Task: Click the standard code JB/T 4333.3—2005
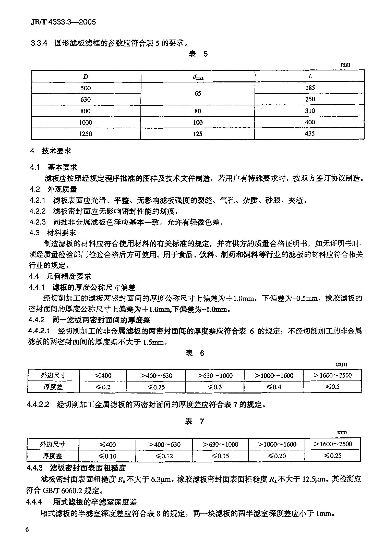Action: tap(63, 22)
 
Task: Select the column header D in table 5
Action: tap(86, 76)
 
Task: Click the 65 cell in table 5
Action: tap(198, 93)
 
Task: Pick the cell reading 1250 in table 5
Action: tap(86, 134)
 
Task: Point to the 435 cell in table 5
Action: tap(310, 133)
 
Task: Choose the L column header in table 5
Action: tap(310, 76)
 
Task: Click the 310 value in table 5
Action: tap(310, 111)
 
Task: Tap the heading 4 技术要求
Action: tap(51, 151)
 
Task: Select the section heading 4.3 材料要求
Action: tap(53, 233)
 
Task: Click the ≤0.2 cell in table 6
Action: tap(103, 387)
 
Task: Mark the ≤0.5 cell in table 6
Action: tap(332, 387)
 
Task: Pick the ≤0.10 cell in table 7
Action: tap(107, 456)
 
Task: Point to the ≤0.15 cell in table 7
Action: tap(221, 456)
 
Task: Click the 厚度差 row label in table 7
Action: tap(53, 456)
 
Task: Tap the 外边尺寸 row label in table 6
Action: tap(54, 375)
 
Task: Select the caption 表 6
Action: tap(195, 353)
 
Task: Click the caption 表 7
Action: tap(195, 421)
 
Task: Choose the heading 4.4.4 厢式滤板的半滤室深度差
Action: tap(81, 502)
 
